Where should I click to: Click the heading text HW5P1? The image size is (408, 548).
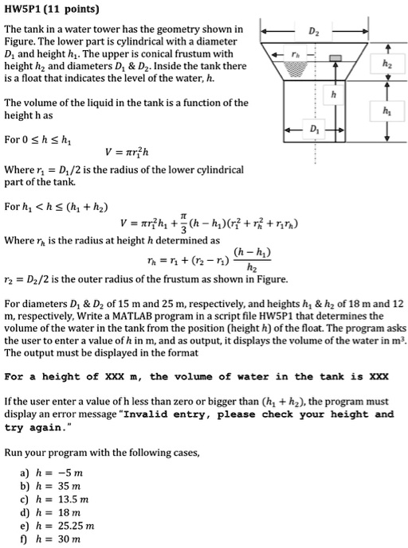[24, 10]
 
